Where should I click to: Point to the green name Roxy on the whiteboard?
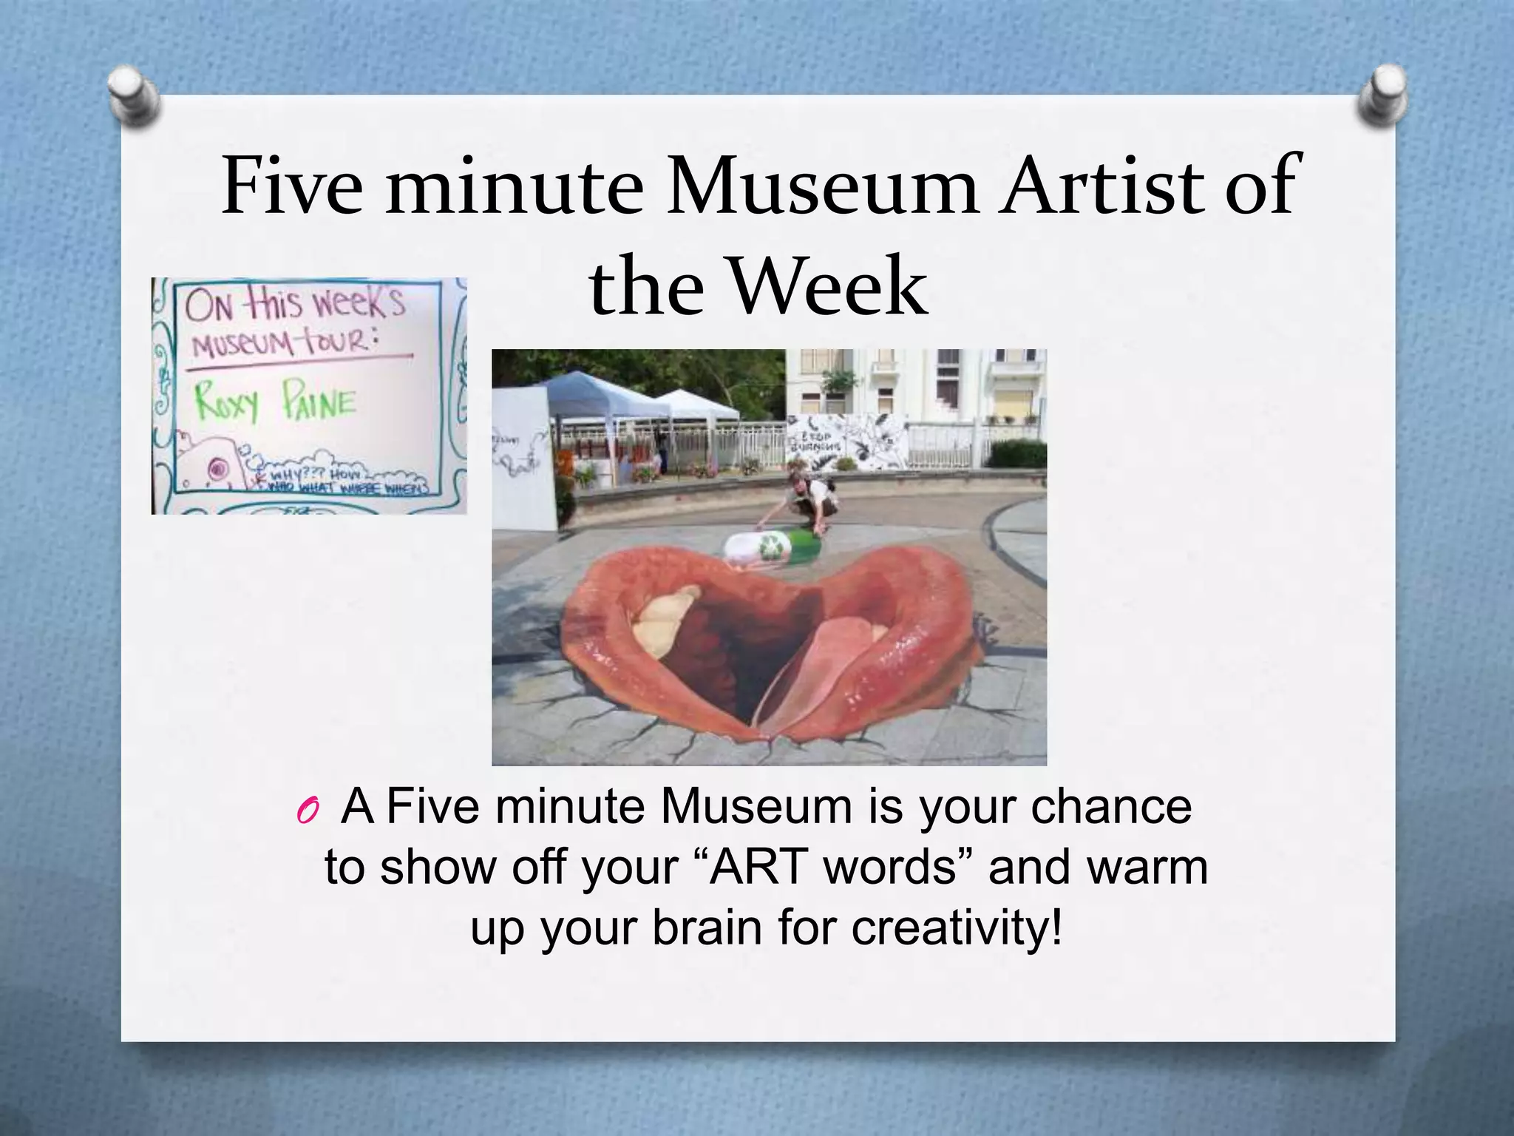(228, 405)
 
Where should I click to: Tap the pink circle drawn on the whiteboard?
(217, 468)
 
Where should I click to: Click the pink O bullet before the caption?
(306, 812)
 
